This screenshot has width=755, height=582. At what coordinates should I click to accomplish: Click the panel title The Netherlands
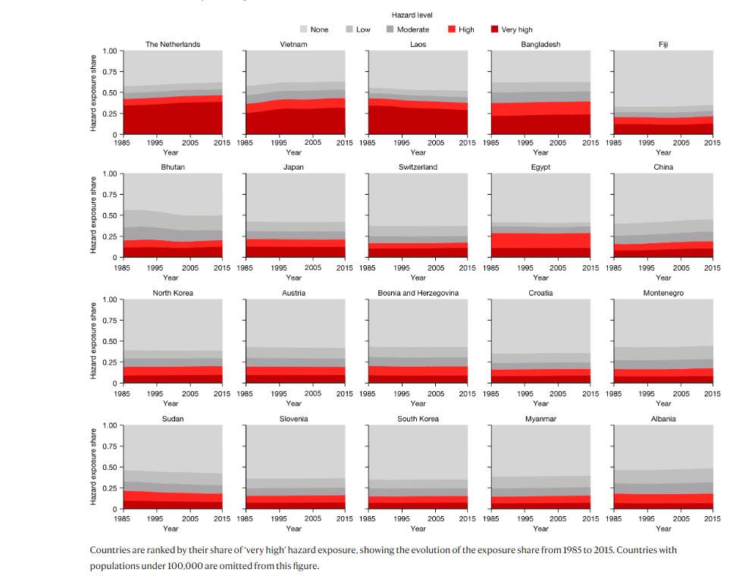tap(173, 45)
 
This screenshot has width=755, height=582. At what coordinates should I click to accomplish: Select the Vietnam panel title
tap(293, 45)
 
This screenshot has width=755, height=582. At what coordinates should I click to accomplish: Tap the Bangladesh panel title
tap(540, 45)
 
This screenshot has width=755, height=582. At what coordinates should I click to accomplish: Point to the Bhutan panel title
tap(173, 167)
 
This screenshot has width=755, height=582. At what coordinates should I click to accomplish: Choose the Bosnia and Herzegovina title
tap(418, 293)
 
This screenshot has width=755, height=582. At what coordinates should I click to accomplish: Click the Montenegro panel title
tap(663, 293)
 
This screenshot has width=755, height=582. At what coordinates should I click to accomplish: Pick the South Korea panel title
tap(418, 418)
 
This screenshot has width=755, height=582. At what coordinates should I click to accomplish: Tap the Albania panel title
tap(663, 418)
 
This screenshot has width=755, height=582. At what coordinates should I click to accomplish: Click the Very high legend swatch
tap(494, 30)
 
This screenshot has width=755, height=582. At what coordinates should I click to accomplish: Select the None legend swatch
tap(304, 30)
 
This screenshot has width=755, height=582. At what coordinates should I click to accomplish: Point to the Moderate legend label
tap(412, 30)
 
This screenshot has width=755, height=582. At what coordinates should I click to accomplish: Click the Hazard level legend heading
tap(412, 15)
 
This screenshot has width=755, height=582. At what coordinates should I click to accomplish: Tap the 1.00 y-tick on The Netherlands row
tap(109, 52)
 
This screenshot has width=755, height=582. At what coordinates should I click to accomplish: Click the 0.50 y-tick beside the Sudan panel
tap(109, 468)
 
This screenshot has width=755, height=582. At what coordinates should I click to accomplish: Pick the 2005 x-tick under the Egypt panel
tap(558, 268)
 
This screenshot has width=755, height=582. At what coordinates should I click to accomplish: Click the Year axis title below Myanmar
tap(540, 529)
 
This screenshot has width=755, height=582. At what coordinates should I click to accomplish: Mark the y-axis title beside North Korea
tap(94, 341)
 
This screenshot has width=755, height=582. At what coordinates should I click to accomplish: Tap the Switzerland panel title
tap(418, 167)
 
